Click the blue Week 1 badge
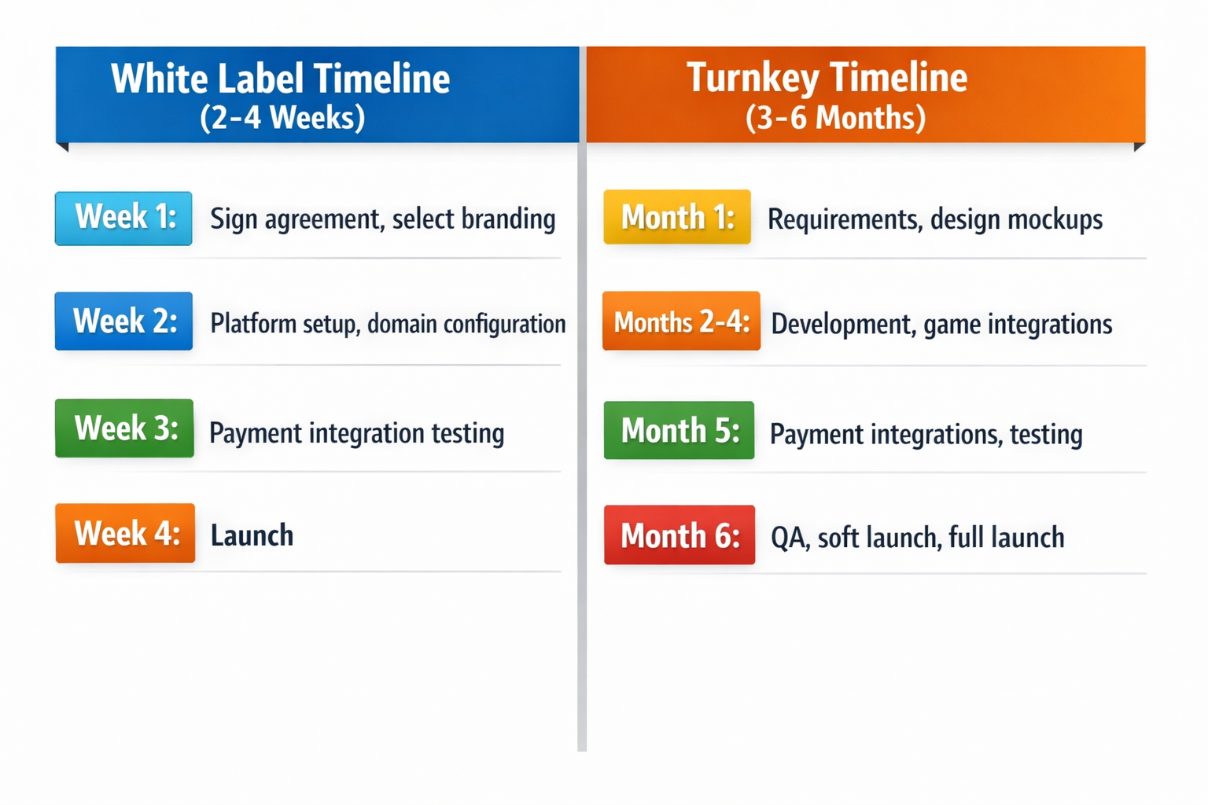(123, 218)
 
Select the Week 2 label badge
(123, 321)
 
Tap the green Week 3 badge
(124, 428)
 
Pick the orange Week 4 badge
(125, 533)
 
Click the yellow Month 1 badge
(677, 217)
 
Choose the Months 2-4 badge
(681, 321)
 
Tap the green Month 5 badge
(679, 431)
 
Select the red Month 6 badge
(679, 535)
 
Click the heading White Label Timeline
(281, 79)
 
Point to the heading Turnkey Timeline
(827, 77)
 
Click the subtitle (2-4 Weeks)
(282, 118)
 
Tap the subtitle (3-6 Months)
(835, 118)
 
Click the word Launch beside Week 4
(252, 535)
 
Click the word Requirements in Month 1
(844, 220)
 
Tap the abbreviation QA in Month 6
(789, 538)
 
